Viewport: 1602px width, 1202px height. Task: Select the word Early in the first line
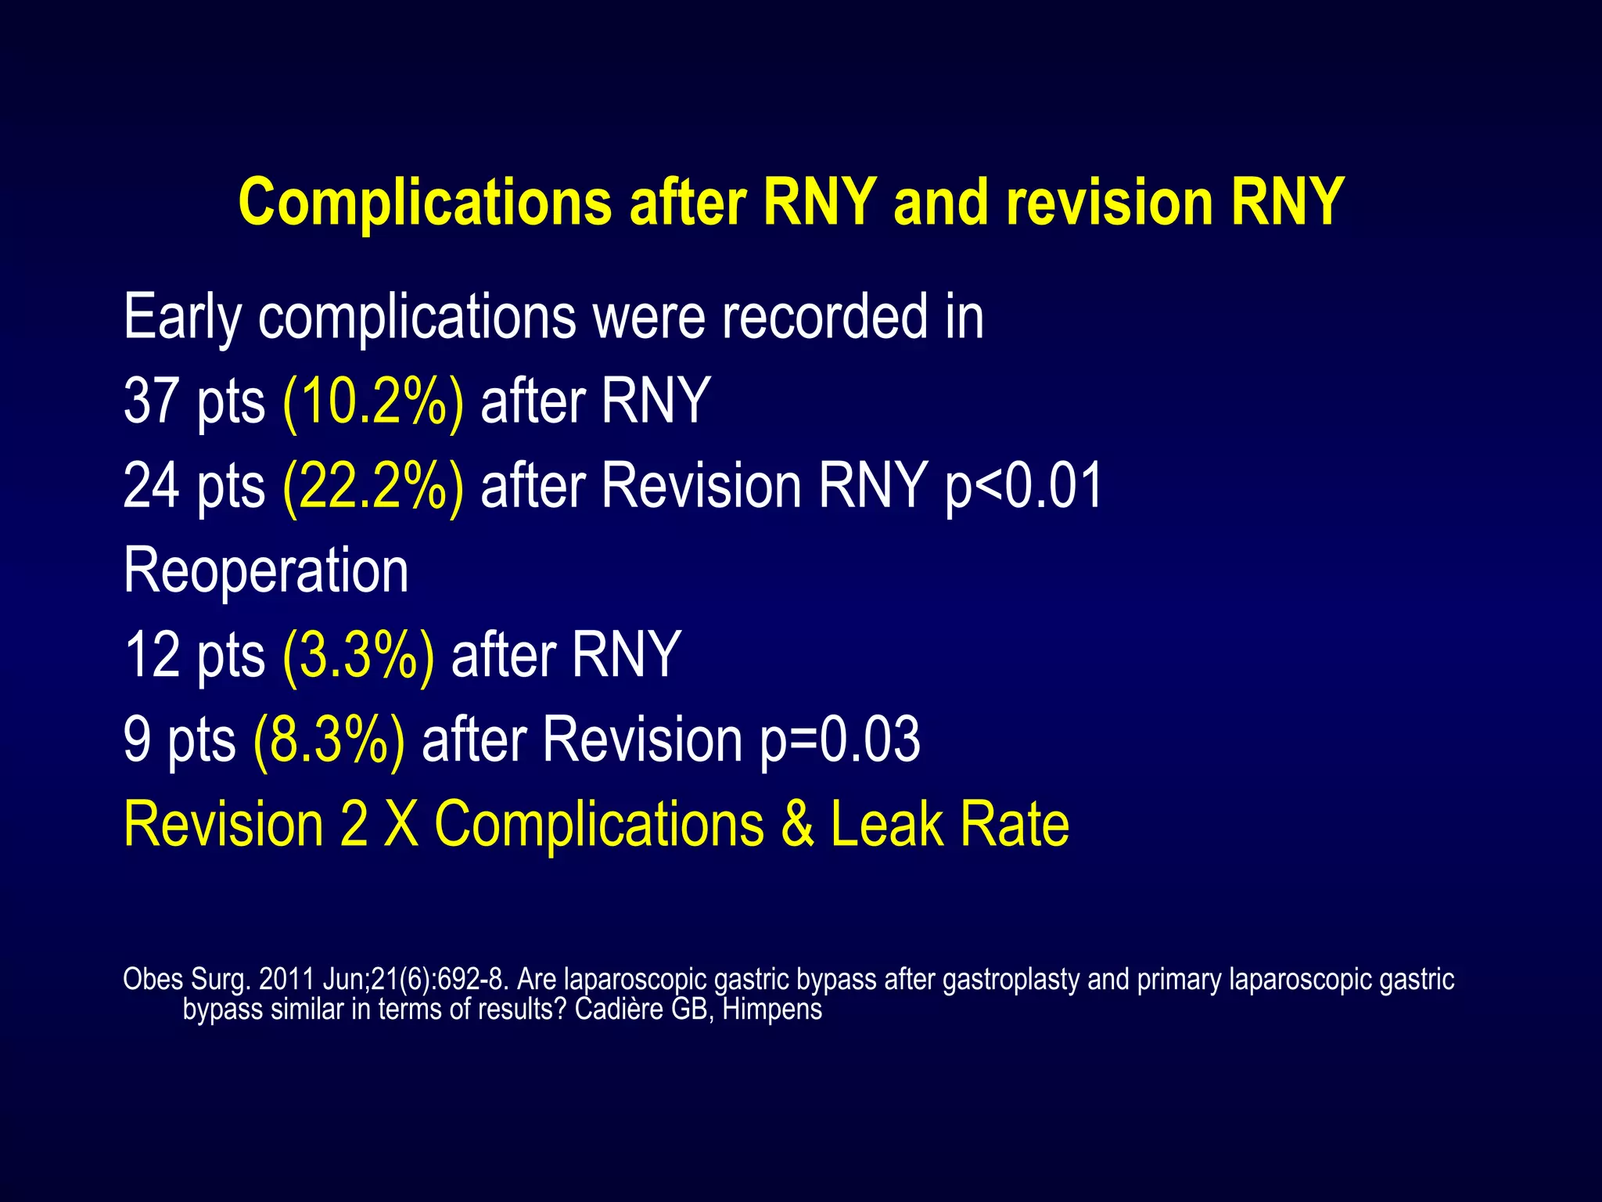pyautogui.click(x=181, y=318)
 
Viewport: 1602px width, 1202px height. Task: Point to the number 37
pyautogui.click(x=151, y=401)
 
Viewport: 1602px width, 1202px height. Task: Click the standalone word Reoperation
pyautogui.click(x=266, y=571)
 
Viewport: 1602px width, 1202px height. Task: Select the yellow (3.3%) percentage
pyautogui.click(x=358, y=656)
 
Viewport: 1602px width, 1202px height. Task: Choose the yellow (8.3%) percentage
pyautogui.click(x=329, y=740)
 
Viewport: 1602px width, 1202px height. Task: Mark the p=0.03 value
pyautogui.click(x=839, y=740)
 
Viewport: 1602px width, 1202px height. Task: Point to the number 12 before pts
pyautogui.click(x=151, y=656)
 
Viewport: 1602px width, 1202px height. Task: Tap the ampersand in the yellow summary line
pyautogui.click(x=796, y=825)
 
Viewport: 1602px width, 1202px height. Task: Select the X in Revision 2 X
pyautogui.click(x=400, y=825)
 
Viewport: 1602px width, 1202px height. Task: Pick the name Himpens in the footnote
pyautogui.click(x=772, y=1009)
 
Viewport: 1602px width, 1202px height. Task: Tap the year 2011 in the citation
pyautogui.click(x=286, y=980)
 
